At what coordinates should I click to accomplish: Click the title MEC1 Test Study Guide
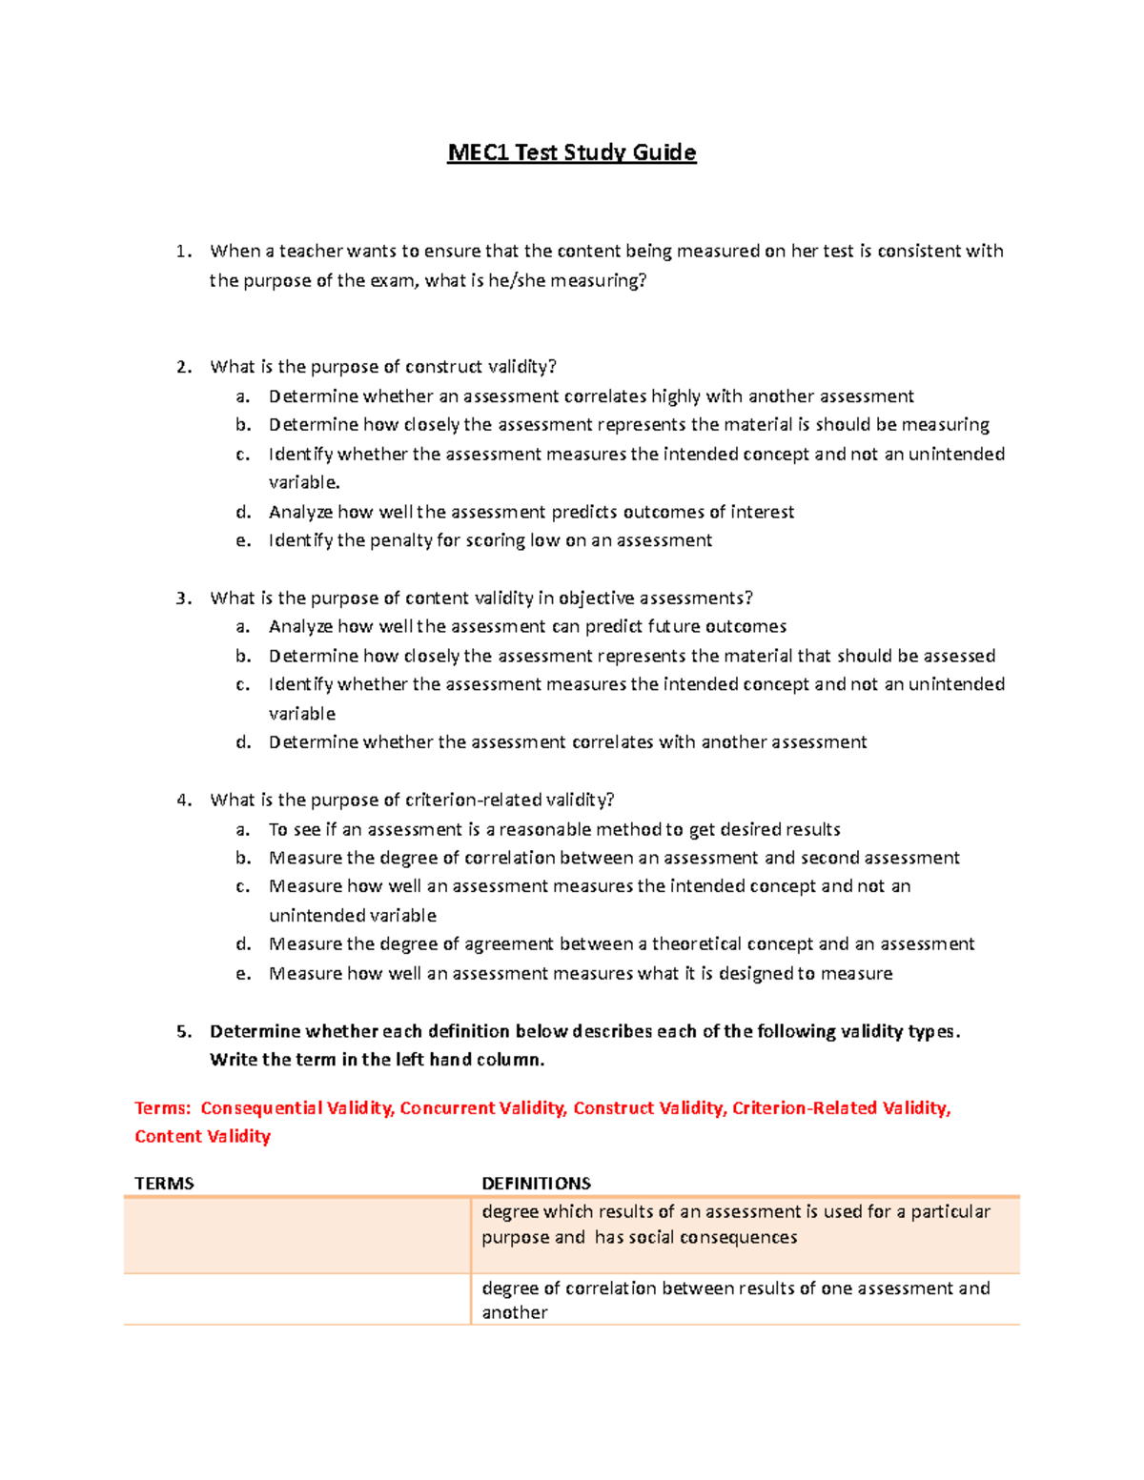click(x=572, y=152)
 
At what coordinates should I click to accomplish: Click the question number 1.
click(x=184, y=252)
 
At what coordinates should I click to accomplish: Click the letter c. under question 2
click(x=243, y=455)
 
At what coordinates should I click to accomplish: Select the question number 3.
click(x=184, y=598)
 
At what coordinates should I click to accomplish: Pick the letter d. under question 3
click(x=243, y=742)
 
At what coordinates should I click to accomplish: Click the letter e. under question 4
click(x=243, y=973)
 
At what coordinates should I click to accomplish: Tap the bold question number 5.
click(x=184, y=1031)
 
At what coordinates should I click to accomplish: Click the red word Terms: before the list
click(x=163, y=1108)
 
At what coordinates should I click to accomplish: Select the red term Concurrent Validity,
click(x=483, y=1108)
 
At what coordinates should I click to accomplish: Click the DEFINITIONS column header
click(x=536, y=1183)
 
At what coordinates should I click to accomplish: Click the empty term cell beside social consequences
click(x=296, y=1235)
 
